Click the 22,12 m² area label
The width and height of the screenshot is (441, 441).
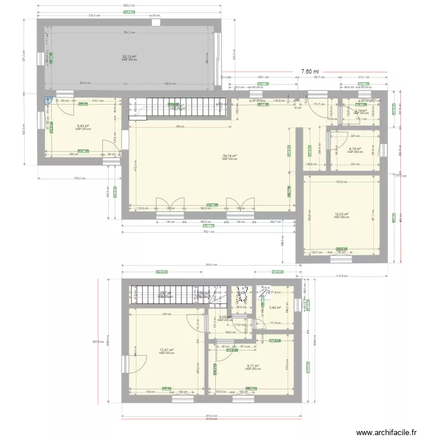[x=129, y=56]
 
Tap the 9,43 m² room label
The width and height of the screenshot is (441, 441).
[x=82, y=125]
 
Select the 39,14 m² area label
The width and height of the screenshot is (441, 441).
[x=229, y=156]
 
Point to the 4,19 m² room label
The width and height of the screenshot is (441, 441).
[x=353, y=149]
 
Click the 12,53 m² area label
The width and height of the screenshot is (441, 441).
[x=342, y=215]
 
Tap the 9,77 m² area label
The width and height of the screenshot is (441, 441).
[x=253, y=366]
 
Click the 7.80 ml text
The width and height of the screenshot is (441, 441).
[x=310, y=71]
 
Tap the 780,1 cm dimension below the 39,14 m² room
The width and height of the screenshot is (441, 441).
[x=206, y=231]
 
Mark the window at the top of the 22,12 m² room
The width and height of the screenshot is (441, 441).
[x=156, y=23]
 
